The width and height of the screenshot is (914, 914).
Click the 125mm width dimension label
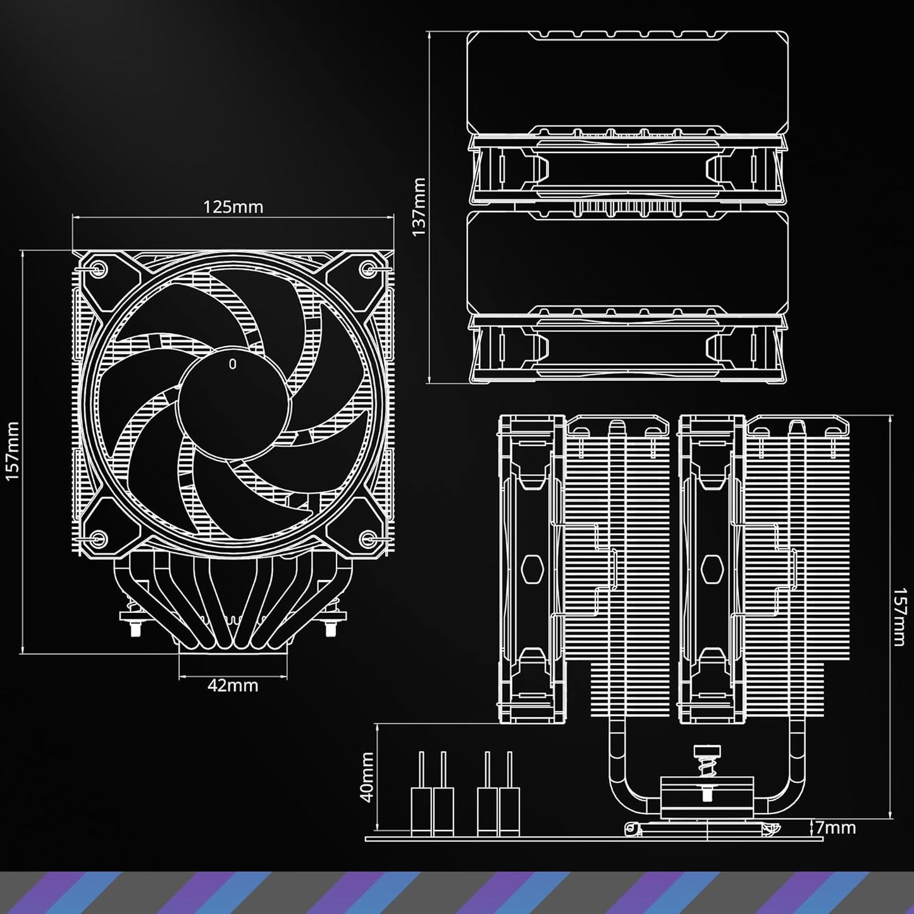[233, 207]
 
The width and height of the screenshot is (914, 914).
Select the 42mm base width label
[233, 685]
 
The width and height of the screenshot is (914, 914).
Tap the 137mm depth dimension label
[419, 206]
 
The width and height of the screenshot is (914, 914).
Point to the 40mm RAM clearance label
[366, 777]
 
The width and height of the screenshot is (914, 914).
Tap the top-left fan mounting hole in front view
[97, 268]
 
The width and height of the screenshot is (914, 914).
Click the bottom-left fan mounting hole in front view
[97, 539]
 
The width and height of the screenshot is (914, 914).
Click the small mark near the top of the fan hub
[233, 364]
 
